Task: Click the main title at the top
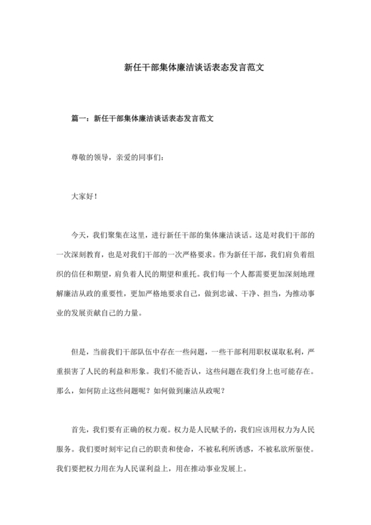[x=185, y=68]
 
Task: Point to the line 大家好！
[x=85, y=196]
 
